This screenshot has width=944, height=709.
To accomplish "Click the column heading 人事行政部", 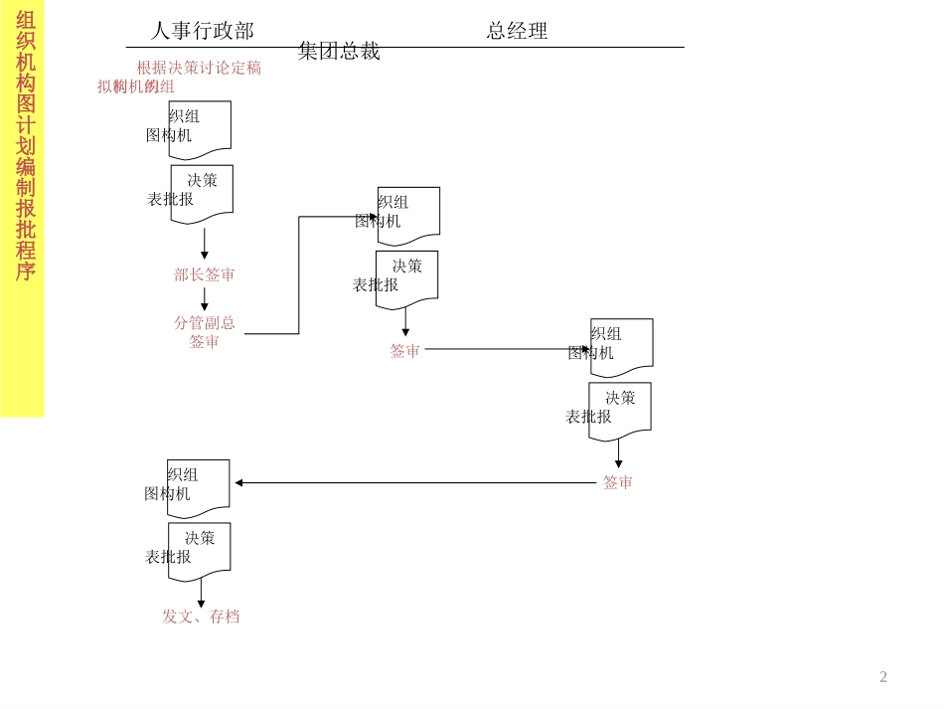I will pyautogui.click(x=203, y=31).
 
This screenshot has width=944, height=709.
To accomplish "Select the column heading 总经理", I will pyautogui.click(x=517, y=31).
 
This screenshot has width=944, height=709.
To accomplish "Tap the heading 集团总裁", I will pyautogui.click(x=339, y=52).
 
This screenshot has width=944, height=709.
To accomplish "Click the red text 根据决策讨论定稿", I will pyautogui.click(x=199, y=68).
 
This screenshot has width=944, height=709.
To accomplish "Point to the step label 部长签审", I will pyautogui.click(x=205, y=275).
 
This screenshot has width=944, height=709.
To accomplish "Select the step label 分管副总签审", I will pyautogui.click(x=205, y=332).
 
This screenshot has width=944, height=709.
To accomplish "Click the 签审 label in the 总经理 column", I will pyautogui.click(x=405, y=351).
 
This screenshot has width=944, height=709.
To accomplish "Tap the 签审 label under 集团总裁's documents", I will pyautogui.click(x=618, y=482).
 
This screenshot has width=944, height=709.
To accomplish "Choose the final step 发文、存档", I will pyautogui.click(x=201, y=617).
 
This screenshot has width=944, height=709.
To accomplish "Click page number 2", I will pyautogui.click(x=883, y=677).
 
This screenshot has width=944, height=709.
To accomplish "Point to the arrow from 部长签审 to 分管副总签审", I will pyautogui.click(x=205, y=299).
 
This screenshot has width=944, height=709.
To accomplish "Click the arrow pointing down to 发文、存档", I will pyautogui.click(x=201, y=593).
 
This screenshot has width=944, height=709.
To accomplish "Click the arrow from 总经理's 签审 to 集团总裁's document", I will pyautogui.click(x=507, y=349).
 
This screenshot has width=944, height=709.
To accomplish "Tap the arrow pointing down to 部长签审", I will pyautogui.click(x=205, y=244).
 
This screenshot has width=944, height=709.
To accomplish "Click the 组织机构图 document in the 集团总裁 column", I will pyautogui.click(x=622, y=347).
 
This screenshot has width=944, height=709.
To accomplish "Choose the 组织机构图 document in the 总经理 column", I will pyautogui.click(x=408, y=215).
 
